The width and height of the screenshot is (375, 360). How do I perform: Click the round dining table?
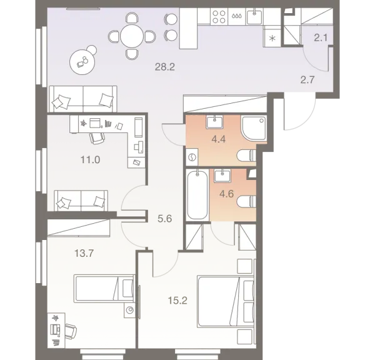132,35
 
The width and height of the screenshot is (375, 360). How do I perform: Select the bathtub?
196,194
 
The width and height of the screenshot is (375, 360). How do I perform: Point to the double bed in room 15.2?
224,301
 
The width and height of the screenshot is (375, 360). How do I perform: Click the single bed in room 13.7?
104,289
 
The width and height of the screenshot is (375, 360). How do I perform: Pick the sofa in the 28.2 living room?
82,98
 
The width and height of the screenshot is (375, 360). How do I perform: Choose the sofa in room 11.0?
81,201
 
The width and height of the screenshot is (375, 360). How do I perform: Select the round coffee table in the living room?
82,61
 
